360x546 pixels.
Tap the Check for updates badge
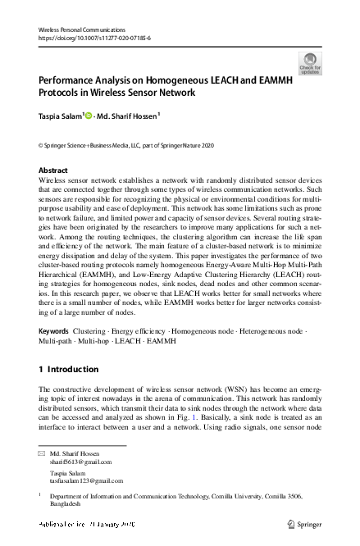pos(311,63)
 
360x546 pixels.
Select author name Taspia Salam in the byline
pos(59,116)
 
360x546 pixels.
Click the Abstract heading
pos(53,170)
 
